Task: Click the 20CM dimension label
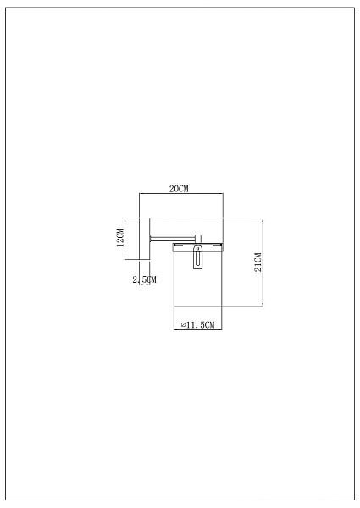tap(179, 189)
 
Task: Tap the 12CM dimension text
tap(120, 238)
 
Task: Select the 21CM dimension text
tap(258, 262)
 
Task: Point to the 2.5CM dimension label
tap(145, 279)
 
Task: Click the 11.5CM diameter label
tap(198, 324)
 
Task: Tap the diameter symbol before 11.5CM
tap(183, 324)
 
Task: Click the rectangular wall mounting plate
tap(145, 239)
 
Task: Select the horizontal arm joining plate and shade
tap(172, 239)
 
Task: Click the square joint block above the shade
tap(198, 239)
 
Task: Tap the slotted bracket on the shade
tap(197, 257)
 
